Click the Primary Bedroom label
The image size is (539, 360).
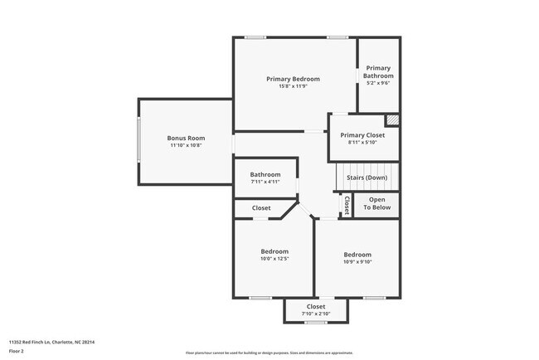[293, 79]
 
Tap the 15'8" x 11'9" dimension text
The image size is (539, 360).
[293, 87]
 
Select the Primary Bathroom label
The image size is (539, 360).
[377, 71]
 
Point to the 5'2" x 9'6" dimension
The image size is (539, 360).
[377, 83]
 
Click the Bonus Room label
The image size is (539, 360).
[186, 138]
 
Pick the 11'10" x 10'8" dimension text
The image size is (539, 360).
[186, 145]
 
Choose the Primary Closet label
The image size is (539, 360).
[362, 134]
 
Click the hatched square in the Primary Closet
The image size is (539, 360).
[392, 119]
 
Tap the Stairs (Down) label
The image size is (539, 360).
[367, 178]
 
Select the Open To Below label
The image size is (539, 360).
[376, 203]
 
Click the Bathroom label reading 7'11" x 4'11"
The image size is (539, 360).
[265, 174]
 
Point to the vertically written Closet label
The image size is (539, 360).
[347, 205]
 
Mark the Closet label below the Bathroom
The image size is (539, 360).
[261, 207]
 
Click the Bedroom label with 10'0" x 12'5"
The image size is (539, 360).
[274, 251]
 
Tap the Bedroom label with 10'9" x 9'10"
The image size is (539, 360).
[357, 255]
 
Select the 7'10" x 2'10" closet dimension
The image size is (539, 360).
[316, 314]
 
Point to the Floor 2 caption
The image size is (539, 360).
[17, 351]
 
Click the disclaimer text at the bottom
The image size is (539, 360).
[269, 353]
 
